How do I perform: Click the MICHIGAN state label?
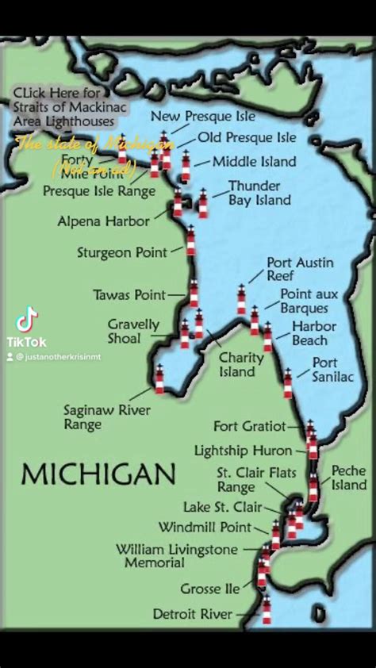(98, 474)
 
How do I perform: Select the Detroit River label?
(193, 614)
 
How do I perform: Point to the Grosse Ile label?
(209, 589)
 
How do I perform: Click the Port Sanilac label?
(333, 370)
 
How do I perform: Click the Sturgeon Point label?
(122, 252)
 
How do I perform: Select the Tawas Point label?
(129, 294)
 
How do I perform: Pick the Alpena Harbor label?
(103, 221)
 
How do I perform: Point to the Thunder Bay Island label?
(259, 193)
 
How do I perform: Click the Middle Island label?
(254, 162)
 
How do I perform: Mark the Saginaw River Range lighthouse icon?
(159, 380)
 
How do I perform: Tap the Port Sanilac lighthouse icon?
(288, 384)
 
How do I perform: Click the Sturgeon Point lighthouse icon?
(190, 240)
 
